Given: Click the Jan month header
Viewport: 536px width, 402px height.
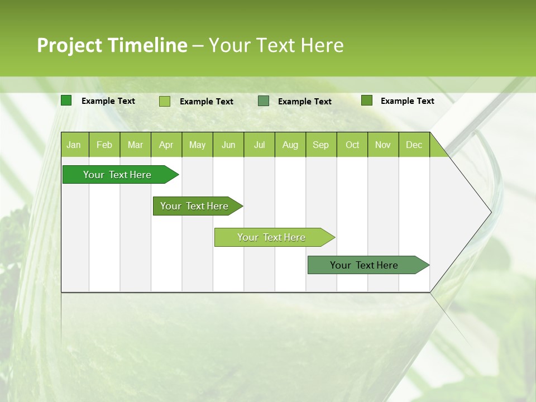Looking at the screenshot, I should (74, 145).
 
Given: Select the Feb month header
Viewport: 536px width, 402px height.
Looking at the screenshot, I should (104, 145).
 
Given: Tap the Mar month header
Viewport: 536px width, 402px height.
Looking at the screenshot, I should (135, 145).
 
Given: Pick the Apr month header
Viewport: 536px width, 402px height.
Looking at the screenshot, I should (166, 145).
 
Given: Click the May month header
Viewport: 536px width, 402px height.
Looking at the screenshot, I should (197, 145).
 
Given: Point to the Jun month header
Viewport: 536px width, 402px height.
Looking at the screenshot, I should (228, 145).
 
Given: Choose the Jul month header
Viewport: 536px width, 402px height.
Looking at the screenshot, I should (259, 145).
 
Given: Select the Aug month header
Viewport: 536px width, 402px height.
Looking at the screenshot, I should (290, 145).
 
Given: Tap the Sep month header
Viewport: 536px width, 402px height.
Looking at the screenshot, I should (321, 145).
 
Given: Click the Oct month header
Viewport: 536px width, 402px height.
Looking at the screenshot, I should (352, 145).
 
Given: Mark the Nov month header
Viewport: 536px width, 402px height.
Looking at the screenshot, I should (383, 145).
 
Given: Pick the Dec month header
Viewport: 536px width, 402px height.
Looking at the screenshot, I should (414, 145).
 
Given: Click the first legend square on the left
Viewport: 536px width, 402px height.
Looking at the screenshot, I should (66, 100).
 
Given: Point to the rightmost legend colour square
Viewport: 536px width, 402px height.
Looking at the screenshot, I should (367, 100).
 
